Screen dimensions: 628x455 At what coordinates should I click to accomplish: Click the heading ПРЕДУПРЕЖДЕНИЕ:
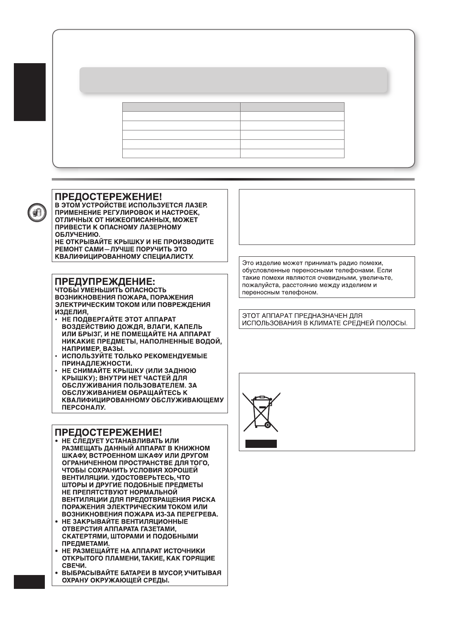point(105,282)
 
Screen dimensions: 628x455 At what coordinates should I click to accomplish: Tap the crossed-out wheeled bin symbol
point(261,412)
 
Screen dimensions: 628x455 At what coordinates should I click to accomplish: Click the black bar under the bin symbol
point(261,444)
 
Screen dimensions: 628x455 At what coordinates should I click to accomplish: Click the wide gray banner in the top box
point(233,80)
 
